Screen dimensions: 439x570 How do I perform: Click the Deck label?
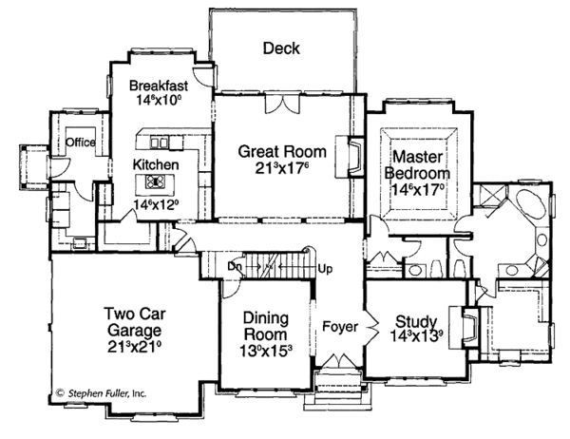[x=281, y=48]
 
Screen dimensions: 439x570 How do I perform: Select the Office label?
[x=81, y=143]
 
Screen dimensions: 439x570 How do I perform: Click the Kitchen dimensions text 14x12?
[x=155, y=202]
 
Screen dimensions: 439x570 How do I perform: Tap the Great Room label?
[x=282, y=151]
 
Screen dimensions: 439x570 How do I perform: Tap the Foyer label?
[x=339, y=327]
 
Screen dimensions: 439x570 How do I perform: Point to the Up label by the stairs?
[x=325, y=269]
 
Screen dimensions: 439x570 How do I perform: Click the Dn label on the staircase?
[x=235, y=268]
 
